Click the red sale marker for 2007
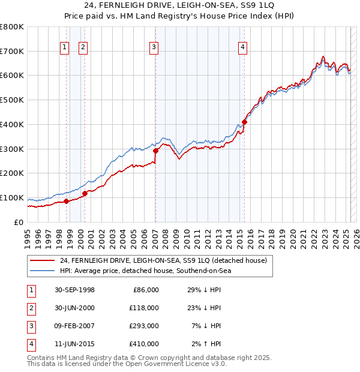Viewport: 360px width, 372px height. (x=155, y=151)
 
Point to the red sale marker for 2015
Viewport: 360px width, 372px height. (x=244, y=122)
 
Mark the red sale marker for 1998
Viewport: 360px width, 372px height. (x=67, y=201)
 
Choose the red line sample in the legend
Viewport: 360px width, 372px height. (x=43, y=260)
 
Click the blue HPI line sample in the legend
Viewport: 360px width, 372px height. (x=43, y=271)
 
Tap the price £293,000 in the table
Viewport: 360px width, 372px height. (x=145, y=326)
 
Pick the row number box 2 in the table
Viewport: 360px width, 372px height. (x=31, y=308)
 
